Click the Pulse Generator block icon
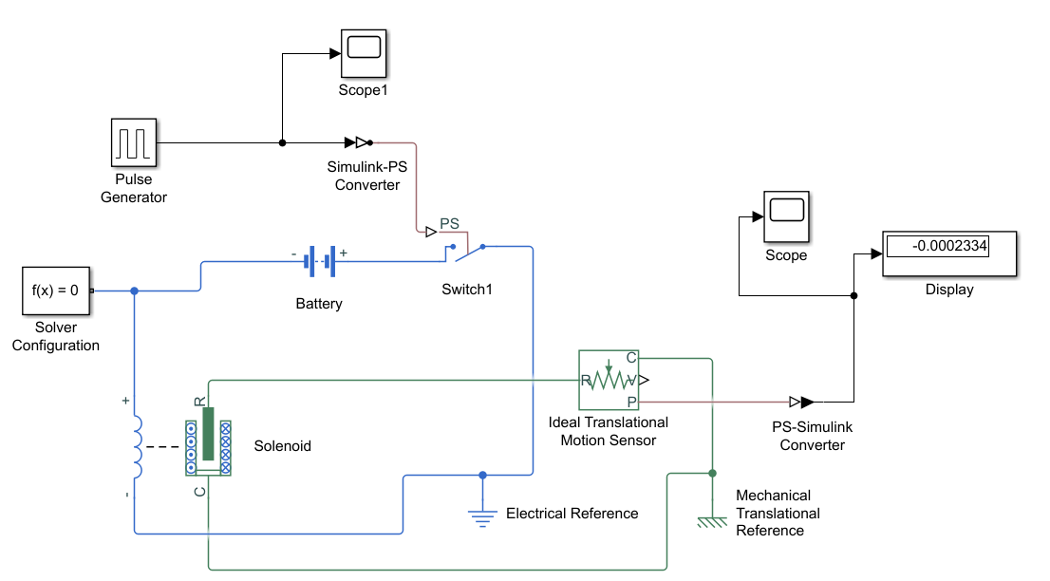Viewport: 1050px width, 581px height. [x=133, y=142]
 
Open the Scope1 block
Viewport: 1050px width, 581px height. [x=363, y=53]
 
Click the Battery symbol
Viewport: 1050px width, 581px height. [x=320, y=260]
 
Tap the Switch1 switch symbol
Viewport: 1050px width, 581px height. [x=467, y=252]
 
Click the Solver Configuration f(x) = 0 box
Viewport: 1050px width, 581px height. [x=56, y=290]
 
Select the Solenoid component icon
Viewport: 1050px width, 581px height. [x=208, y=440]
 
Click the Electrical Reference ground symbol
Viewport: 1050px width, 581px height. [x=482, y=515]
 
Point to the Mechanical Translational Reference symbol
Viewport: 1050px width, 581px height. [x=713, y=521]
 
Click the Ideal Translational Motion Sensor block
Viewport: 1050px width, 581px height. [x=609, y=381]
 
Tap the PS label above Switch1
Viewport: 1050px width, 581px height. [x=449, y=224]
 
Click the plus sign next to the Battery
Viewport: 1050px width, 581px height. [x=344, y=253]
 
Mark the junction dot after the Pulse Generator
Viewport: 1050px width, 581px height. [x=282, y=143]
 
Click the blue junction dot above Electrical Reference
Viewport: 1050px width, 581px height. [x=482, y=475]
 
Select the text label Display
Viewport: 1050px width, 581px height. [x=949, y=290]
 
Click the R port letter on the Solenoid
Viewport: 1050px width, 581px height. [x=199, y=402]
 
